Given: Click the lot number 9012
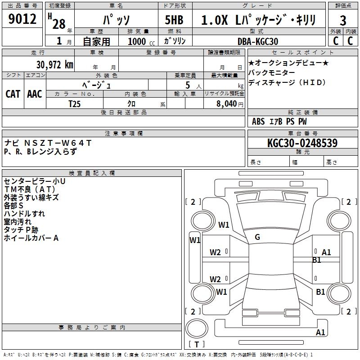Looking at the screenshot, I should click(x=22, y=20).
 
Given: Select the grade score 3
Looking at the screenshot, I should click(x=343, y=21).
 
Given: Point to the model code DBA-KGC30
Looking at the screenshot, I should click(x=257, y=41).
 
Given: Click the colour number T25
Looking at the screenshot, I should click(x=74, y=103).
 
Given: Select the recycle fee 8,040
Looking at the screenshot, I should click(x=229, y=104).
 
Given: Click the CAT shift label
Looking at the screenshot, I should click(x=13, y=94).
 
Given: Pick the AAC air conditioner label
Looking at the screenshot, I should click(x=34, y=94).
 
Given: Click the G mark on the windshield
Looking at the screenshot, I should click(x=257, y=237).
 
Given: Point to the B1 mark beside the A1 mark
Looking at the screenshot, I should click(x=316, y=260).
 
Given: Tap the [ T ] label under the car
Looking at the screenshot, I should click(x=197, y=345).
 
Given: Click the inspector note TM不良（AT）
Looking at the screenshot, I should click(x=30, y=189).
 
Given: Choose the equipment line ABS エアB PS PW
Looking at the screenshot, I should click(x=279, y=121).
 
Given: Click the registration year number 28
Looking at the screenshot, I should click(x=58, y=23).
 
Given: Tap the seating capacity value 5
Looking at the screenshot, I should click(x=187, y=85).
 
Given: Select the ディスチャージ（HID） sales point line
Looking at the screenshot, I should click(x=287, y=83).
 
